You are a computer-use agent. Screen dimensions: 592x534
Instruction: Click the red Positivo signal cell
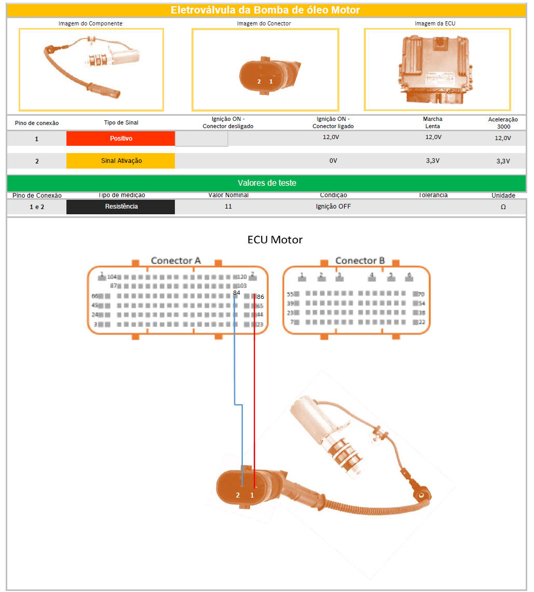coord(120,139)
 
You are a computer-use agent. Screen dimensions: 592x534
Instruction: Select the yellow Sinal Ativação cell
coord(120,161)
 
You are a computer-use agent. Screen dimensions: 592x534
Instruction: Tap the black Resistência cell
coord(120,206)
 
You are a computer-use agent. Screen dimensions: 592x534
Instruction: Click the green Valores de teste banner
coord(267,183)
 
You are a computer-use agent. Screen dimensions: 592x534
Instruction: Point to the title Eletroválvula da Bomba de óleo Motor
coord(265,10)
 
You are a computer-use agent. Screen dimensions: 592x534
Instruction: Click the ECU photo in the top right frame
coord(437,70)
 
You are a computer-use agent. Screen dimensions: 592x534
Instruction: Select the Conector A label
coord(175,260)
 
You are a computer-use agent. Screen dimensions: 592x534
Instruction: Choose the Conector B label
coord(360,260)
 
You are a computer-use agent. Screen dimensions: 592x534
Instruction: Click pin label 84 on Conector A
coord(237,293)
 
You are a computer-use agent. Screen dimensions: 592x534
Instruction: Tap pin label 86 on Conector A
coord(260,297)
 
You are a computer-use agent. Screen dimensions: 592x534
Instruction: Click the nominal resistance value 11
coord(228,206)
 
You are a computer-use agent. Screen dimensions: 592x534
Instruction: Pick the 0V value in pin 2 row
coord(333,161)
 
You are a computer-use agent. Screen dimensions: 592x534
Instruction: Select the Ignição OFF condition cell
coord(333,206)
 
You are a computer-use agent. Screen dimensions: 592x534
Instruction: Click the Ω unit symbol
coord(503,206)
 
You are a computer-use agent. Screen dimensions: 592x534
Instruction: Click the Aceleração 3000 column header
coord(503,123)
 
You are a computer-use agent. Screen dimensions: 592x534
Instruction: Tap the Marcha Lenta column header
coord(432,122)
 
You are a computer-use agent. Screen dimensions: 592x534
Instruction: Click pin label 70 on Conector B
coord(421,294)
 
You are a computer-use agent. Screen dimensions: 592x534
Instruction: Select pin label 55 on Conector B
coord(291,294)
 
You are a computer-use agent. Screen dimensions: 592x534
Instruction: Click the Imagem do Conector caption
coord(264,23)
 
